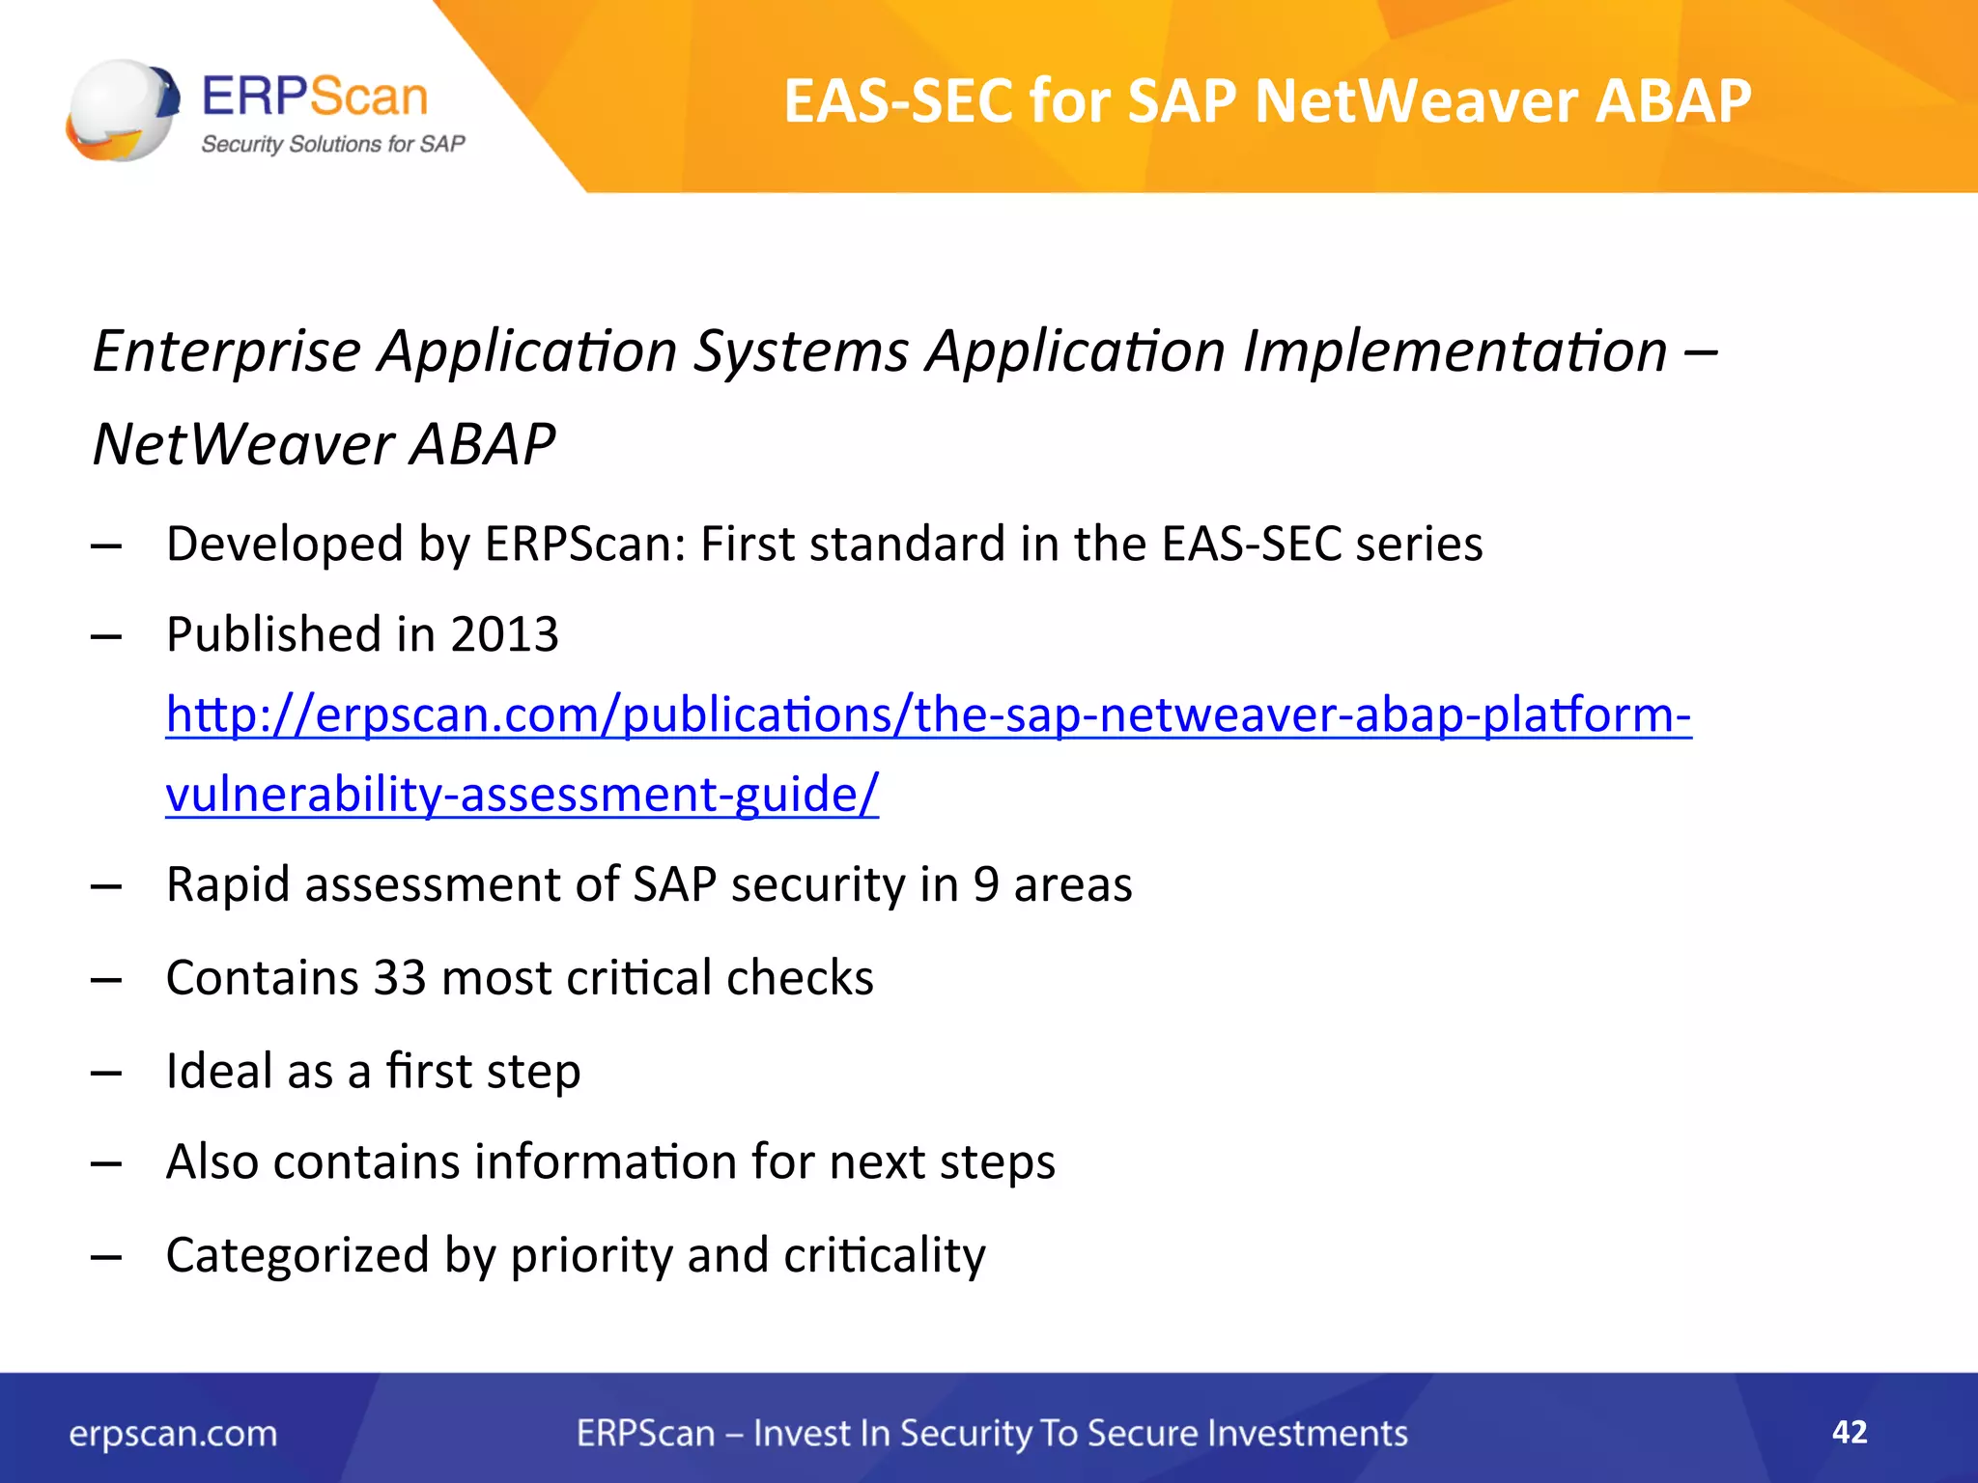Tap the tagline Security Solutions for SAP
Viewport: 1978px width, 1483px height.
pyautogui.click(x=332, y=145)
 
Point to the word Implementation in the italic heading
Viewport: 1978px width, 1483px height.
pyautogui.click(x=1455, y=350)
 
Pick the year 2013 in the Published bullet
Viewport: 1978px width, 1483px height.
pyautogui.click(x=504, y=635)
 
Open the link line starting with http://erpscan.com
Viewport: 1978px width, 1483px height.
pyautogui.click(x=927, y=715)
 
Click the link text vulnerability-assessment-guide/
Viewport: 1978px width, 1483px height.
pyautogui.click(x=522, y=795)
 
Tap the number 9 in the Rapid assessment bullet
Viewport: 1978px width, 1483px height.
pyautogui.click(x=985, y=884)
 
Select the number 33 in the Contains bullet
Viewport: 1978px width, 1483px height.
pyautogui.click(x=400, y=978)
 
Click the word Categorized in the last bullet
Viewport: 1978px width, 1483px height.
pyautogui.click(x=297, y=1255)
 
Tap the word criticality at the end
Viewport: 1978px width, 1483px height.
pyautogui.click(x=884, y=1255)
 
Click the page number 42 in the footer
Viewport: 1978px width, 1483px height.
pyautogui.click(x=1849, y=1432)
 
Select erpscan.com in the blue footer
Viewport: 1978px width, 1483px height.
pyautogui.click(x=173, y=1434)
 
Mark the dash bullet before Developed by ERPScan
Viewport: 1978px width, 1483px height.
pyautogui.click(x=106, y=546)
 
